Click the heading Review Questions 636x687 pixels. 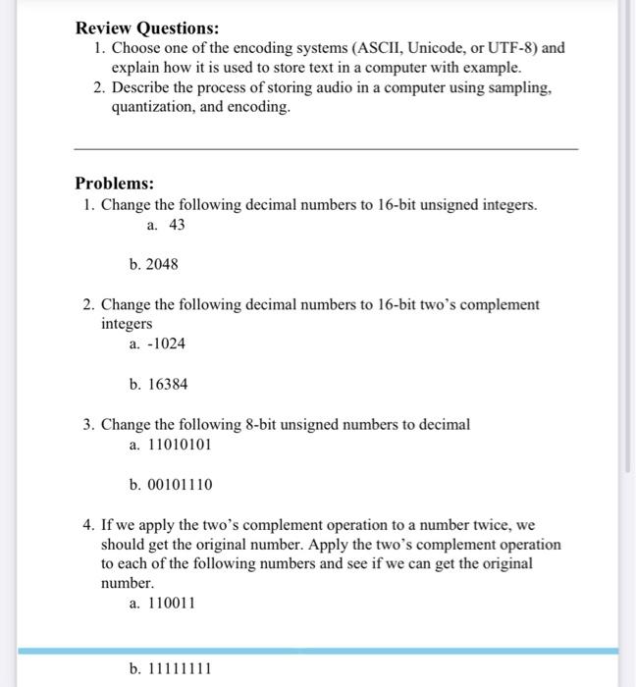tap(147, 27)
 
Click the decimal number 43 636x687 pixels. tap(177, 225)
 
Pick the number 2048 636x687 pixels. tap(162, 264)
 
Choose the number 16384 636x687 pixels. tap(167, 385)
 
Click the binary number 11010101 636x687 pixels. tap(179, 445)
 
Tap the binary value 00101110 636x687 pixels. tap(180, 485)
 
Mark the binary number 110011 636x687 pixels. tap(171, 604)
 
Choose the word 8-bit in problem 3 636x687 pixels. tap(259, 425)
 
